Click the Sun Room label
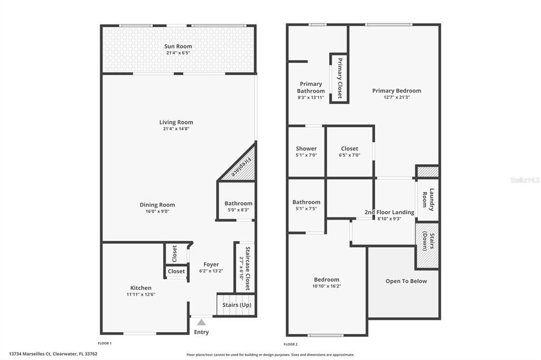[x=178, y=46]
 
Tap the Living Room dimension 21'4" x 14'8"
[x=176, y=129]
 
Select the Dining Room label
[x=157, y=205]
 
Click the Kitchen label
[x=141, y=288]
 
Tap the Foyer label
[x=211, y=264]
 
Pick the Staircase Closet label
[x=248, y=268]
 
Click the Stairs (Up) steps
[x=236, y=305]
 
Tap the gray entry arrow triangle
[x=201, y=323]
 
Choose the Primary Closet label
[x=340, y=78]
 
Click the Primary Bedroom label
[x=396, y=91]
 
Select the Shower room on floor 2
[x=306, y=151]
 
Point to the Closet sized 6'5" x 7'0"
[x=350, y=151]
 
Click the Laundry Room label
[x=428, y=200]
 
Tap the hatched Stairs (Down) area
[x=427, y=245]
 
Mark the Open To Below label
[x=406, y=281]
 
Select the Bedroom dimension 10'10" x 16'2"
[x=327, y=286]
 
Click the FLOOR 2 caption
[x=291, y=344]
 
